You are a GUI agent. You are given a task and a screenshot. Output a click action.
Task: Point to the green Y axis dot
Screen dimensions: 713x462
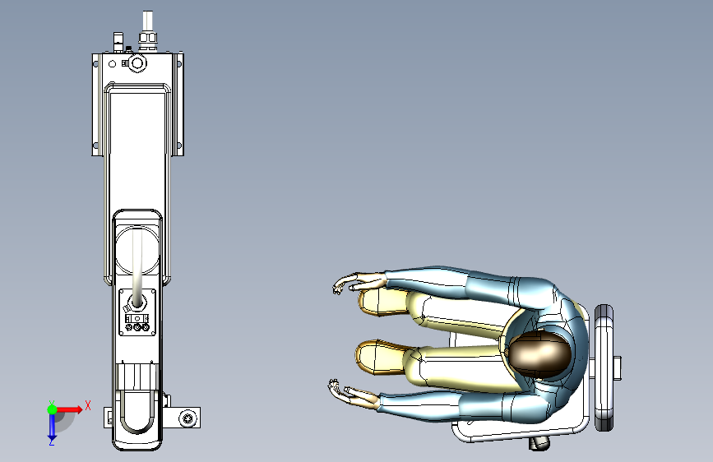pos(52,409)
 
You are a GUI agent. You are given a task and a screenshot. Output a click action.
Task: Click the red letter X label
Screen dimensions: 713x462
pos(88,405)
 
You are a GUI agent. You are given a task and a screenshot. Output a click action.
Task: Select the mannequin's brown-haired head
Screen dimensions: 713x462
pos(539,353)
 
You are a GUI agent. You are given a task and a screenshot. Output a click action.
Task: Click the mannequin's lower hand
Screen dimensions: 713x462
pos(351,394)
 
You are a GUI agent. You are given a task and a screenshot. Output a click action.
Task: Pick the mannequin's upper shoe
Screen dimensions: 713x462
pos(382,302)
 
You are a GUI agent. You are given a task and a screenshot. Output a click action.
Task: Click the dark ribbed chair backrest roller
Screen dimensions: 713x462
pos(604,367)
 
